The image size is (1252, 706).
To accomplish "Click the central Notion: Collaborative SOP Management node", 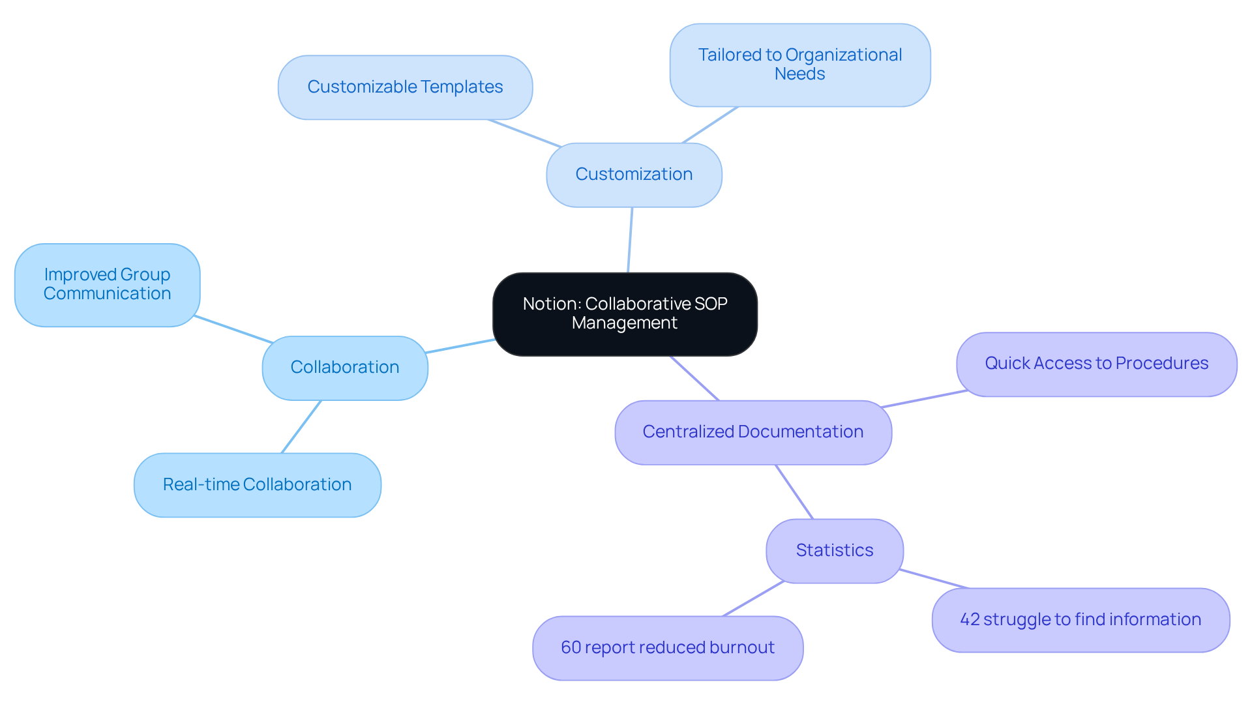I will click(625, 314).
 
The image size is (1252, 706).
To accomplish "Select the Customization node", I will click(634, 175).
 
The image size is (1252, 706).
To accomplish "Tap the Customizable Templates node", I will click(405, 87).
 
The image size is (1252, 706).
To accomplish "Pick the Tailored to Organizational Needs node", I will click(799, 65).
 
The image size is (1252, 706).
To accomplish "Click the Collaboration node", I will click(344, 368).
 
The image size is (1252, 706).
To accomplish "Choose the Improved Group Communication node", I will click(107, 284).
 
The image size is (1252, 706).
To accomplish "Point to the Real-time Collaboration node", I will click(257, 485).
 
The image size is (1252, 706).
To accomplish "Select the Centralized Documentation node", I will click(753, 432).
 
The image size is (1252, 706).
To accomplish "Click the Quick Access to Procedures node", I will click(1096, 364).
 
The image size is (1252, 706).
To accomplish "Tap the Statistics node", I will click(834, 551).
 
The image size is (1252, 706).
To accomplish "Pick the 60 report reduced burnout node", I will click(667, 648).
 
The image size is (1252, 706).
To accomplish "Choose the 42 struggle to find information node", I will click(1080, 620).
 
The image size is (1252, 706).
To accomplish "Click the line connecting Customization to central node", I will click(630, 240).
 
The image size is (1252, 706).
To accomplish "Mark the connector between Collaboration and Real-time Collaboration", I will click(301, 426).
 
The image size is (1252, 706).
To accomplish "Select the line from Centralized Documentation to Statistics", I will click(794, 492).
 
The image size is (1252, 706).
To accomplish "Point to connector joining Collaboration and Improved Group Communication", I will click(233, 329).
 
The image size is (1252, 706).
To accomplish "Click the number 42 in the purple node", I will click(970, 620).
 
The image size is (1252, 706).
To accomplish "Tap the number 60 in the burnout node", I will click(571, 648).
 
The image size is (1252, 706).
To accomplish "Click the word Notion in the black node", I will click(550, 304).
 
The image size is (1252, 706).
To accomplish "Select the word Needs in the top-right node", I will click(799, 74).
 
